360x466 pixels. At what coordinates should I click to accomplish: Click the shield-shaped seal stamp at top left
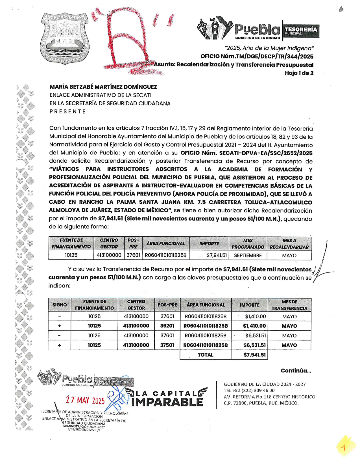point(64,38)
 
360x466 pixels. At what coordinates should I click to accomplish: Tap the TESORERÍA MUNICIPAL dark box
point(301,31)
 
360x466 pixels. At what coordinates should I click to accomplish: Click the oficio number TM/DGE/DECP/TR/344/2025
point(257,56)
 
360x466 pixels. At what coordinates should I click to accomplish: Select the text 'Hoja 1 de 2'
point(299,73)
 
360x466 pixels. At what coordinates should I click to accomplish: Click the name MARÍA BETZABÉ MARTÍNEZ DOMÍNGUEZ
point(103,87)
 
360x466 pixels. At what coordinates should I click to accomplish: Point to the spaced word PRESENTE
point(67,112)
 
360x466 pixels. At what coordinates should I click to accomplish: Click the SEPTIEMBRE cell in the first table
point(248,255)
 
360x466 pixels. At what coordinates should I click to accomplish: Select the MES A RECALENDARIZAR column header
point(289,244)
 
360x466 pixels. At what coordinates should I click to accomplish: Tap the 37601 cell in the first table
point(133,255)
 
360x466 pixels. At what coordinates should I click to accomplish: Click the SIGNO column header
point(60,305)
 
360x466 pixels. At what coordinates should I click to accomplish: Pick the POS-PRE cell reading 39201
point(167,326)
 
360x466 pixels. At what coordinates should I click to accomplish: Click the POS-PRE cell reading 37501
point(167,345)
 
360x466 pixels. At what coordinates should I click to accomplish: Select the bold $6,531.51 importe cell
point(254,345)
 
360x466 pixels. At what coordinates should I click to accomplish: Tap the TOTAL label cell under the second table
point(205,355)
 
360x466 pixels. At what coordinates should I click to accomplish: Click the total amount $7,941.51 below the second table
point(254,355)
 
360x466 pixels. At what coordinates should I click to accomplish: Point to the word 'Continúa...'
point(296,371)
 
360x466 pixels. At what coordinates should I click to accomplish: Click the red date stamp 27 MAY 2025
point(85,400)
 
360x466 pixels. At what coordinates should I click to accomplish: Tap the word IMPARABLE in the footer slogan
point(167,402)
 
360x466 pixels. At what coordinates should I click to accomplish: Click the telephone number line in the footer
point(249,390)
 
